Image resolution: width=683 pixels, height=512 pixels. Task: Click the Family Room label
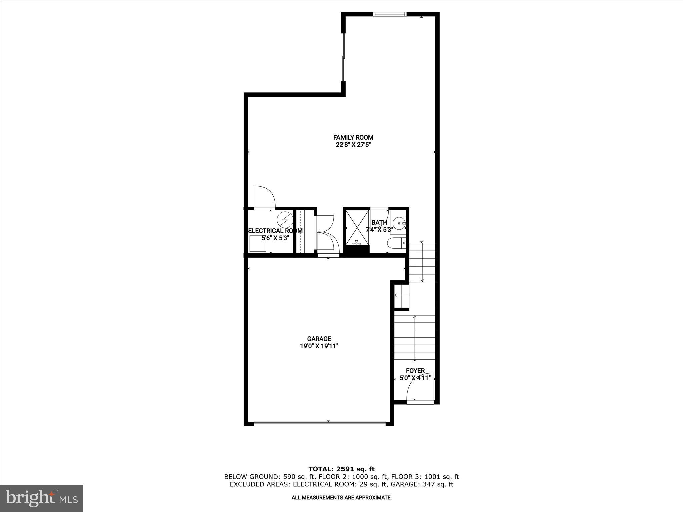tap(353, 137)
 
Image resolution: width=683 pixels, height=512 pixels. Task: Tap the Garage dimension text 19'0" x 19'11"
tap(319, 346)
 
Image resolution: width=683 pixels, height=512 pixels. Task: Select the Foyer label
tap(415, 371)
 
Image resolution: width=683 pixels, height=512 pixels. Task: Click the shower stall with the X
tap(357, 227)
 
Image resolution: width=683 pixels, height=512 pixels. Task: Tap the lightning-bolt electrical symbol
tap(285, 219)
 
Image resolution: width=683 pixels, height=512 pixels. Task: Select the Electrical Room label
tap(275, 231)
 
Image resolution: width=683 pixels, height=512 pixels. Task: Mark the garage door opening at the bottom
tap(319, 424)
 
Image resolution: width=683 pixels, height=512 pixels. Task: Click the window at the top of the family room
tap(390, 14)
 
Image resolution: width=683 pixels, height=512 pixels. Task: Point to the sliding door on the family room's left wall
tap(343, 57)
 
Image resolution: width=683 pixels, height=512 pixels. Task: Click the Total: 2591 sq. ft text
tap(341, 469)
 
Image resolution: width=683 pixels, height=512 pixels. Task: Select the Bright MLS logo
tap(42, 498)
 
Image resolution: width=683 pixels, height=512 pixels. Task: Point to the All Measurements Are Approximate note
tap(341, 498)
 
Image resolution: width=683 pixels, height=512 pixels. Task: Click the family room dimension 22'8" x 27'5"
tap(353, 145)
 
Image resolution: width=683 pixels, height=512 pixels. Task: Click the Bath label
tap(379, 222)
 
